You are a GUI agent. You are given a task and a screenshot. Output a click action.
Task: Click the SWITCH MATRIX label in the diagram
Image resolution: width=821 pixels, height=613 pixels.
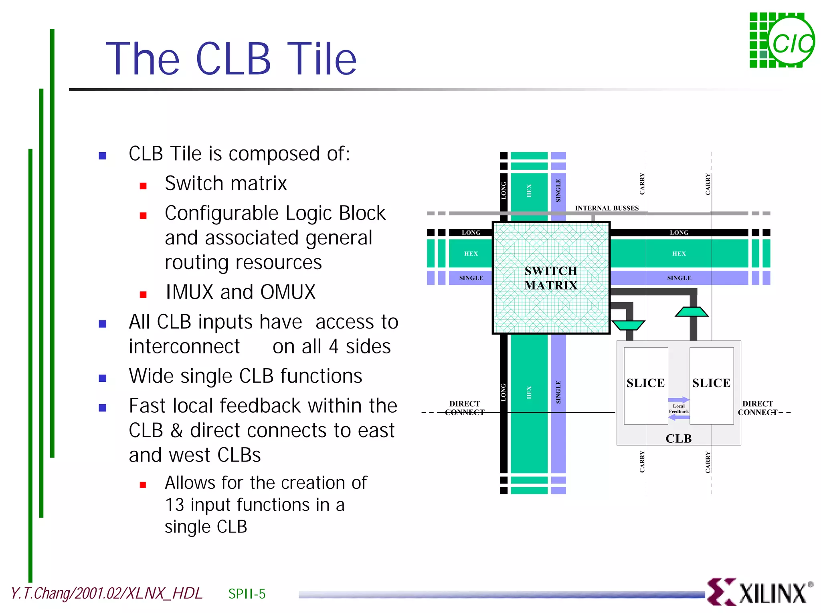(x=551, y=278)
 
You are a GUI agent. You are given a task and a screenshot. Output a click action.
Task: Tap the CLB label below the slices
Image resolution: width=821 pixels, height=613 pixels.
(x=678, y=438)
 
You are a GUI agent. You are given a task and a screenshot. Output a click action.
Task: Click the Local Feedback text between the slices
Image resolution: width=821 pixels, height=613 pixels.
(x=678, y=409)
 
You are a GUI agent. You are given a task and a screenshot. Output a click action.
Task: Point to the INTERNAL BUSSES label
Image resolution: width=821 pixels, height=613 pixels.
(x=607, y=208)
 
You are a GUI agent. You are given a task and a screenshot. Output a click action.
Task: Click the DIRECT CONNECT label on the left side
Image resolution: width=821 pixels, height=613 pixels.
(x=465, y=408)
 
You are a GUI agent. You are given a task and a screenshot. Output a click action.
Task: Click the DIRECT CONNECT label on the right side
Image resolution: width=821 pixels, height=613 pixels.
(x=757, y=408)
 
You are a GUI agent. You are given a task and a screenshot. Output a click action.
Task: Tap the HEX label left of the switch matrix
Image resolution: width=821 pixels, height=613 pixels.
(x=471, y=254)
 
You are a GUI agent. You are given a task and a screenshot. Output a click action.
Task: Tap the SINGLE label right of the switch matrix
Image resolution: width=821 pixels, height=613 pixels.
(x=679, y=278)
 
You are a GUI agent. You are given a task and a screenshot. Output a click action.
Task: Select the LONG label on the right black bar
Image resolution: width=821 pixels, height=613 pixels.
(x=679, y=232)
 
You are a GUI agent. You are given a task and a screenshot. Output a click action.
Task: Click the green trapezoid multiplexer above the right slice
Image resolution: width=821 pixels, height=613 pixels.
(x=692, y=312)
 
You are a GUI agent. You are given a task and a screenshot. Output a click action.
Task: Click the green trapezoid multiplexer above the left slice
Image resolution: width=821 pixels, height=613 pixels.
(x=628, y=325)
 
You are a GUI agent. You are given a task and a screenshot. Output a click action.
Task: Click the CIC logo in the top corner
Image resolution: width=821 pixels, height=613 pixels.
(x=782, y=40)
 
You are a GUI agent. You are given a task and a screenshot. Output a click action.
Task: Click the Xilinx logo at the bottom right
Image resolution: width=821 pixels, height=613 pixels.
(x=760, y=592)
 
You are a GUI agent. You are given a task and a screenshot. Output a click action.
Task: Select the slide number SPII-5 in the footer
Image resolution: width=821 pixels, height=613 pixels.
(x=247, y=594)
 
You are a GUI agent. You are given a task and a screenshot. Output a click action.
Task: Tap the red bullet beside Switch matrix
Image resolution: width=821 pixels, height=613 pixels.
(x=143, y=186)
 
